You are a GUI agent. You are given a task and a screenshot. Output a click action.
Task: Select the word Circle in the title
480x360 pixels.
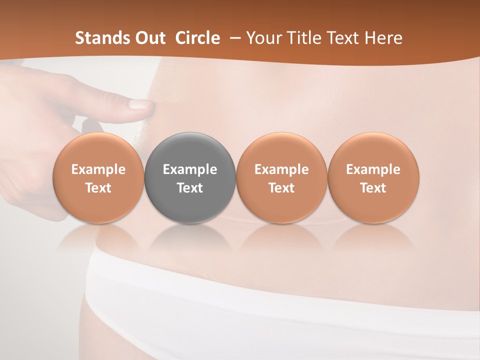(x=197, y=38)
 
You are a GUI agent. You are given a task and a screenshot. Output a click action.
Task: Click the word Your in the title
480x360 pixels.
(x=264, y=38)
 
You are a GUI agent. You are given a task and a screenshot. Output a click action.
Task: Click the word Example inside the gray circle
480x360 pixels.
(x=190, y=169)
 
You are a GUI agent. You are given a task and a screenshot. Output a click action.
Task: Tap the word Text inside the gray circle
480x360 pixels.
(x=190, y=188)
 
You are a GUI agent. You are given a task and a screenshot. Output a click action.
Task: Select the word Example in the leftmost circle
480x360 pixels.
(x=98, y=169)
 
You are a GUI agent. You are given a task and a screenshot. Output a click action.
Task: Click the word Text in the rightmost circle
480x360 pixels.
(x=373, y=188)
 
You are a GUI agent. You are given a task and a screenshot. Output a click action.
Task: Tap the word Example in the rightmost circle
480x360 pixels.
(x=373, y=169)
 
